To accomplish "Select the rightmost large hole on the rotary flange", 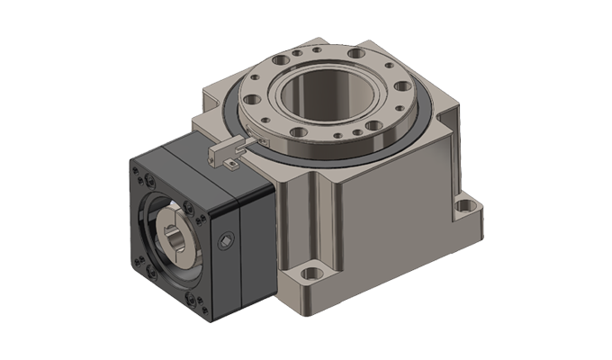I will pyautogui.click(x=403, y=87).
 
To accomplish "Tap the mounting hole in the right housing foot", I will pyautogui.click(x=465, y=207).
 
